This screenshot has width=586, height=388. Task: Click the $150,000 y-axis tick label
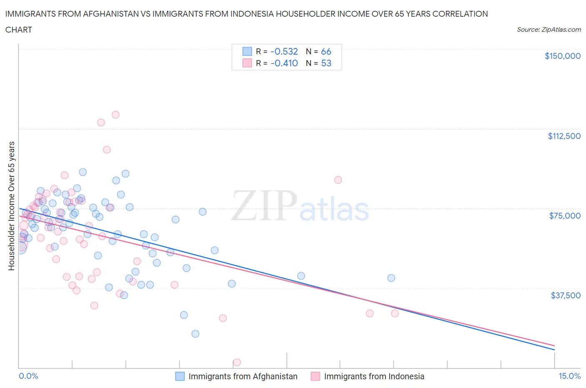point(562,56)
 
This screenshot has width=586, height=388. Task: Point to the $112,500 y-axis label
point(564,136)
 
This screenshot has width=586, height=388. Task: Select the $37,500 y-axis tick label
point(565,295)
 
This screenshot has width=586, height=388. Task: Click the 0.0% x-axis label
point(28,376)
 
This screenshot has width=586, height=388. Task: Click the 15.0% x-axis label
point(569,376)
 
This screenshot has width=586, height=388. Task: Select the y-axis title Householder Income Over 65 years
point(11,206)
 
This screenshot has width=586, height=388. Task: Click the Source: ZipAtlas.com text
point(548,30)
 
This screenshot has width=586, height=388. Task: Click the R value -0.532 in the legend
point(284,51)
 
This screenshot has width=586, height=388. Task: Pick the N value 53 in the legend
point(326,63)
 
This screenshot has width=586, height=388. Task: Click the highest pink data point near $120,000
point(115,115)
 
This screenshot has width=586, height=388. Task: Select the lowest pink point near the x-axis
point(237,362)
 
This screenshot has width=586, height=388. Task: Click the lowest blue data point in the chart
point(195,334)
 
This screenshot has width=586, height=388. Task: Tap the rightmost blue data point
point(391,278)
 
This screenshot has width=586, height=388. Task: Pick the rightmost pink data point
point(395,313)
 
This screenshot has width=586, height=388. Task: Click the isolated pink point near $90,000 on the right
point(338,180)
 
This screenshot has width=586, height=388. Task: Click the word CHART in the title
point(19,30)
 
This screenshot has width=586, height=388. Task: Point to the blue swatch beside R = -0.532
point(247,51)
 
